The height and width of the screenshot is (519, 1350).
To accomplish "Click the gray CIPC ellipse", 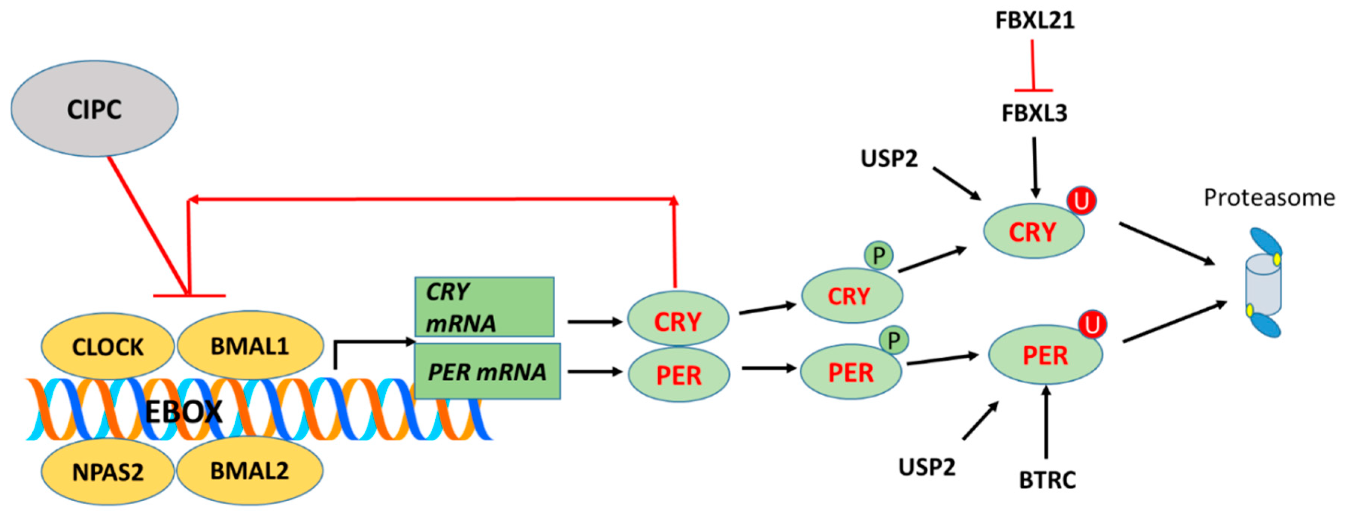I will (94, 109).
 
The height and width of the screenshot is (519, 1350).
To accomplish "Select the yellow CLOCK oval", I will (108, 346).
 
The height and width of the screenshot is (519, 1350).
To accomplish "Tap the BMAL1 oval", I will (250, 346).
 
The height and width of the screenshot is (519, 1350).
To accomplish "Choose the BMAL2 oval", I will (250, 470).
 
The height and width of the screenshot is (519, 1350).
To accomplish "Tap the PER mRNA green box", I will (487, 372).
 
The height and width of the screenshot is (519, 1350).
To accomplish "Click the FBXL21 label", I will (1035, 20).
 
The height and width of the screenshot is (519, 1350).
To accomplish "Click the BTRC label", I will (1047, 480).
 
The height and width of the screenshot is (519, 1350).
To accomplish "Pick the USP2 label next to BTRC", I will (927, 467).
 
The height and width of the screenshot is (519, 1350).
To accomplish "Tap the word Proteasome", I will (1269, 198).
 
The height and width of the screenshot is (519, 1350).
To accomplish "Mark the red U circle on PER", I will (1092, 325).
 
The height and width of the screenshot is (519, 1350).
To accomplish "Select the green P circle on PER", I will (894, 341).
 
